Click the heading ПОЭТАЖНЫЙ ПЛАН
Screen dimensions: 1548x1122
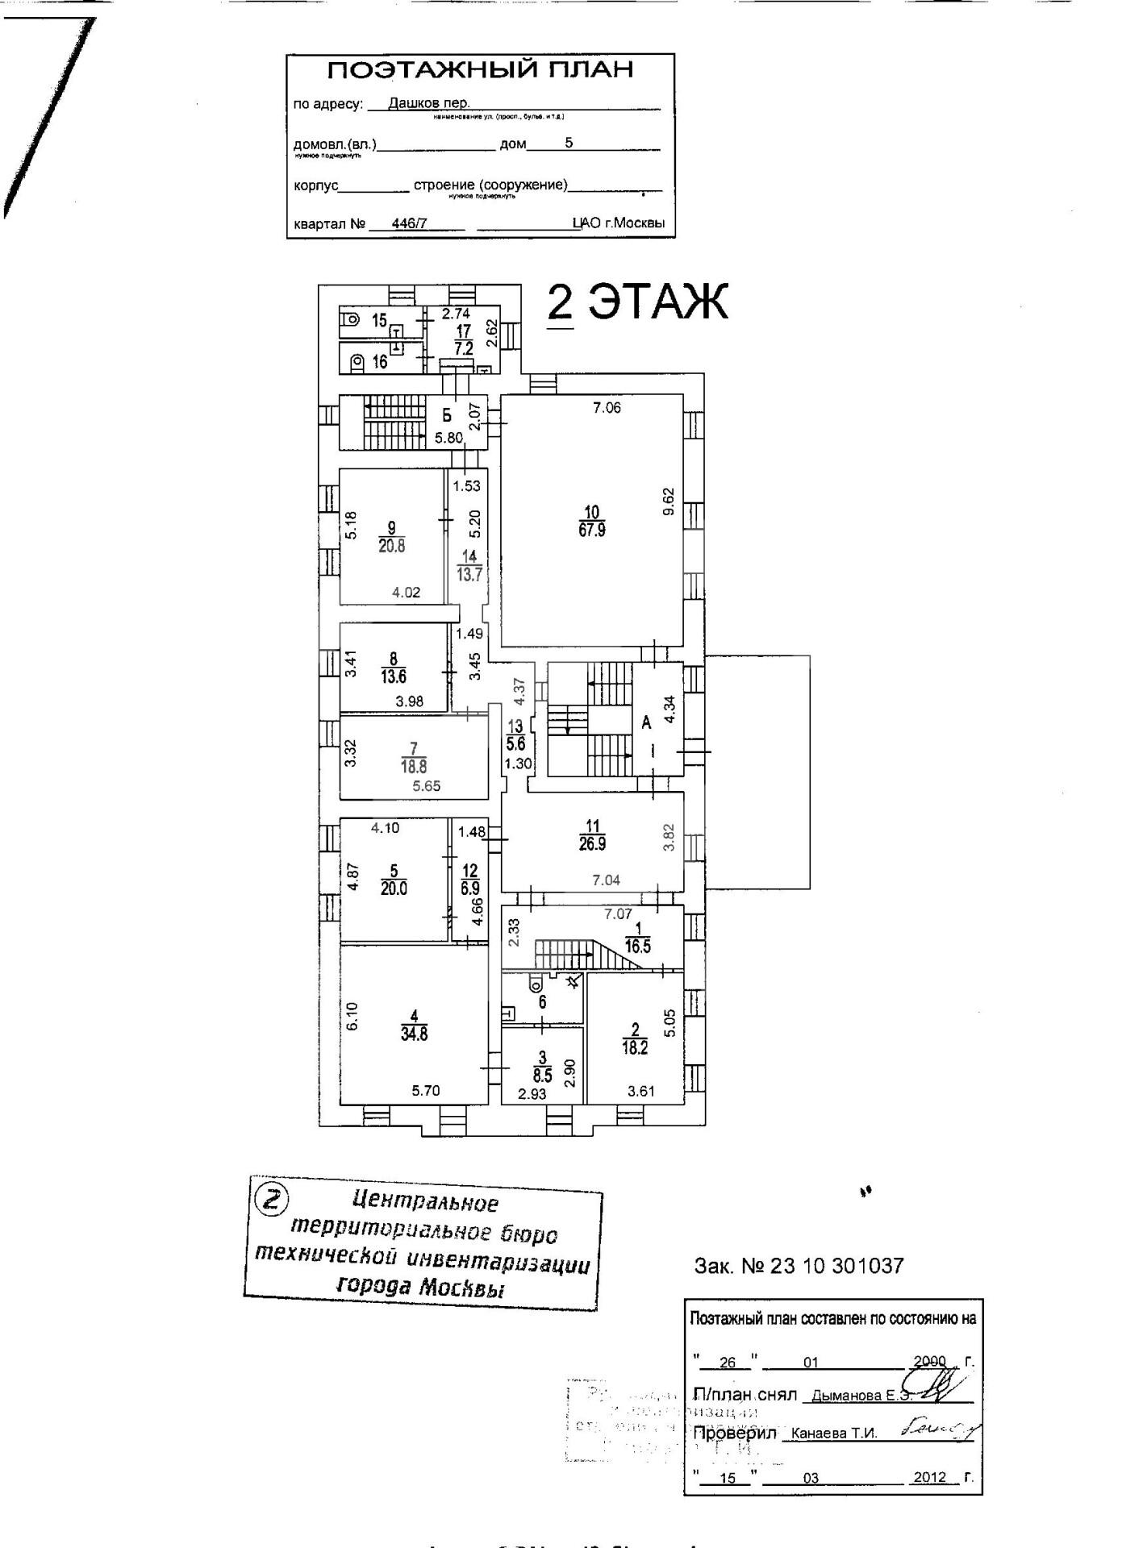[480, 70]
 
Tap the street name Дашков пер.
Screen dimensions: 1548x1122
[428, 103]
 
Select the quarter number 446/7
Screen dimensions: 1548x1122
[409, 224]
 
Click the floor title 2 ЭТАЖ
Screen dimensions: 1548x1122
[637, 302]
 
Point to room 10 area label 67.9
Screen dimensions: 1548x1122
[591, 531]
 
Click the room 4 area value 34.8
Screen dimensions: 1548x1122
[414, 1034]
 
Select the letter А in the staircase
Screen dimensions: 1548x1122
[646, 723]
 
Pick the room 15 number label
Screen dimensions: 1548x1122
[379, 321]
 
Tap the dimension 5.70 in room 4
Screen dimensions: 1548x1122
[426, 1091]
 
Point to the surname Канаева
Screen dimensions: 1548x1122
[819, 1434]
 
